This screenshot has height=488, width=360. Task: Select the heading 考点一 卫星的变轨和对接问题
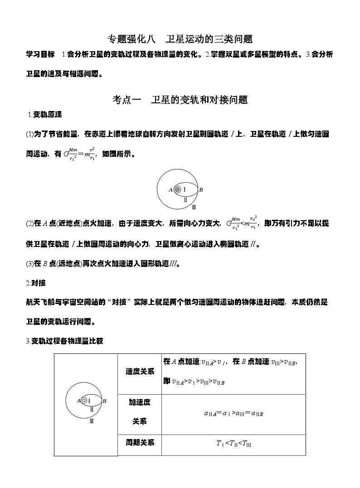(180, 100)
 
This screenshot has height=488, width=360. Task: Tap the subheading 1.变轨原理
(45, 114)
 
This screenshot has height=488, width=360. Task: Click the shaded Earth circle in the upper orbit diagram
(177, 189)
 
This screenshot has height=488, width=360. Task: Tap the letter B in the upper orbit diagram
(201, 189)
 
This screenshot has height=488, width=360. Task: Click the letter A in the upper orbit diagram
(170, 190)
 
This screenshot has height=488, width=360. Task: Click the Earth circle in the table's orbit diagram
(84, 401)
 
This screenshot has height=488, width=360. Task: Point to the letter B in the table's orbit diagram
(104, 401)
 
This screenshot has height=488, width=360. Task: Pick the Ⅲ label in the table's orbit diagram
(92, 421)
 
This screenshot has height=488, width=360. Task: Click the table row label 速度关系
(140, 371)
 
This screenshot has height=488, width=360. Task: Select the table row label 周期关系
(140, 442)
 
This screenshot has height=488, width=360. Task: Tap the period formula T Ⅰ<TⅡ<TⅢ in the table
(234, 444)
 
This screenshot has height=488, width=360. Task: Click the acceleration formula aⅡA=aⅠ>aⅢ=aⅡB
(234, 413)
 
